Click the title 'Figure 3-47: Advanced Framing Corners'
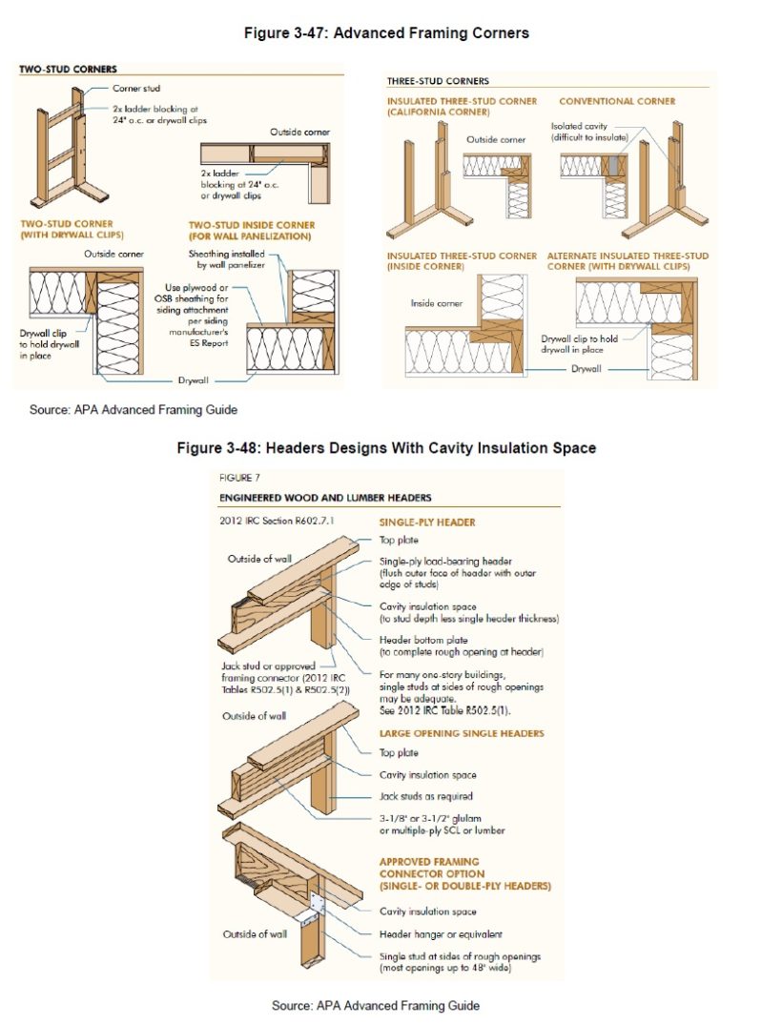pos(386,33)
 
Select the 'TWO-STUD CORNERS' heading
pos(68,70)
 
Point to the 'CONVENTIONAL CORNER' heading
pos(617,101)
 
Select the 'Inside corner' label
pos(435,304)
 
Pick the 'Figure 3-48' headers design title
pos(386,448)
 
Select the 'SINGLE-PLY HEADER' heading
pos(427,522)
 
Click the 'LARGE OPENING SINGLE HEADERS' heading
pos(462,733)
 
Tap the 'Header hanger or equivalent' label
pos(441,934)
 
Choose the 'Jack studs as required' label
pos(426,795)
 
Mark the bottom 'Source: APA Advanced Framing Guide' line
pos(375,1005)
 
